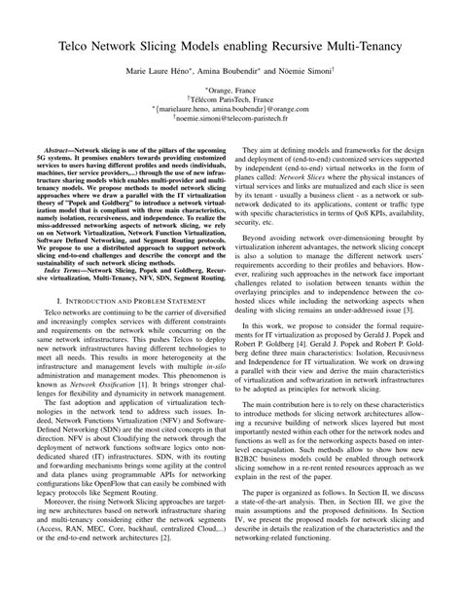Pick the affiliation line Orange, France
pos(230,90)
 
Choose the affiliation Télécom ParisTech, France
pos(230,100)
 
